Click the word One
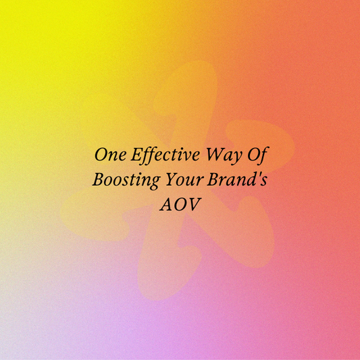click(109, 155)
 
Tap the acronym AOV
click(180, 205)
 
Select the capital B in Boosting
click(97, 180)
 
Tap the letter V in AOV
click(195, 205)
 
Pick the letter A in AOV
click(165, 205)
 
